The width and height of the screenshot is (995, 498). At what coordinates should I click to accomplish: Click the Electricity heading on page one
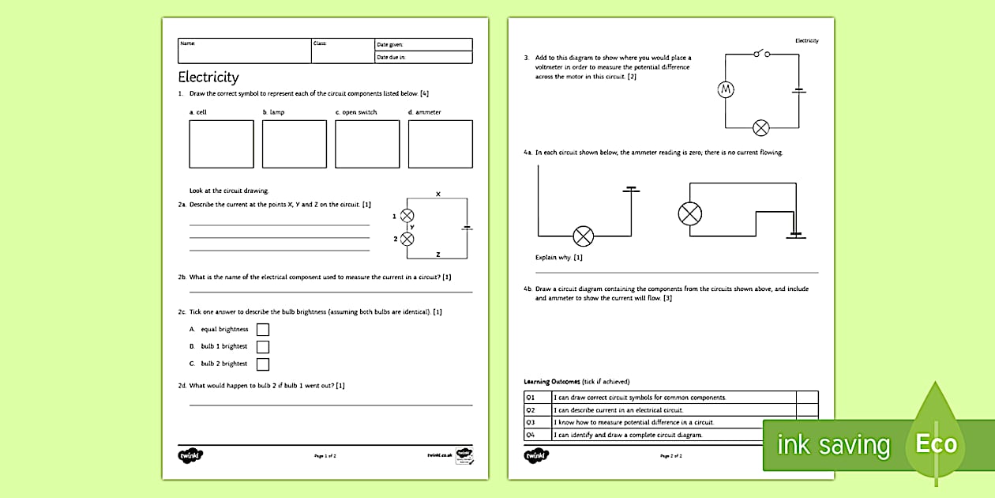(208, 77)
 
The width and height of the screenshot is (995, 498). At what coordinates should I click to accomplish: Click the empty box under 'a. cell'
(221, 144)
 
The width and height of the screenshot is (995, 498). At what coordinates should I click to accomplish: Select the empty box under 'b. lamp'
(294, 144)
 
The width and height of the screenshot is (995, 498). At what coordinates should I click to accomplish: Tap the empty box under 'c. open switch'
(367, 144)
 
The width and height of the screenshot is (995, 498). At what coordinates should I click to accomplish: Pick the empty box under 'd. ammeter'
(440, 144)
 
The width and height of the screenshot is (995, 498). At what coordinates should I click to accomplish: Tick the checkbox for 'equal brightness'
(263, 330)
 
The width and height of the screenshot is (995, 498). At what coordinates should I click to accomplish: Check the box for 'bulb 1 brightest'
(263, 347)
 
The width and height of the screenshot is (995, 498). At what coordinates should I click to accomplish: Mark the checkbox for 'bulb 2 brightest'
(263, 364)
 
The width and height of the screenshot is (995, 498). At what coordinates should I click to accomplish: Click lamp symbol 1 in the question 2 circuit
(407, 216)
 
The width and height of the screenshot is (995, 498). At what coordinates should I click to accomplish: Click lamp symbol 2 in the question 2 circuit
(407, 239)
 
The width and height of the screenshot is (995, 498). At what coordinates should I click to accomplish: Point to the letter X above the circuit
(438, 194)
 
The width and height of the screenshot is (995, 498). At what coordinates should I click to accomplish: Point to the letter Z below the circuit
(438, 254)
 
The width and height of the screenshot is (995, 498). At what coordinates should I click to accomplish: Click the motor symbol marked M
(726, 90)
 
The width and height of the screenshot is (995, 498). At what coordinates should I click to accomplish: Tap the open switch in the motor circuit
(762, 54)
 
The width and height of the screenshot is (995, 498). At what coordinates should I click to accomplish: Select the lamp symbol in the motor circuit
(761, 127)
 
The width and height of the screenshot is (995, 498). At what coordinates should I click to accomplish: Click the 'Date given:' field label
(390, 45)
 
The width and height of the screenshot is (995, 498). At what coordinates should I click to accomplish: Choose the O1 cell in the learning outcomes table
(531, 398)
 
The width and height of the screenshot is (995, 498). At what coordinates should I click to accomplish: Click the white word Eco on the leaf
(936, 443)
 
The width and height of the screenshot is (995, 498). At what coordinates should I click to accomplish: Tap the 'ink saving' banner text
(833, 445)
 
